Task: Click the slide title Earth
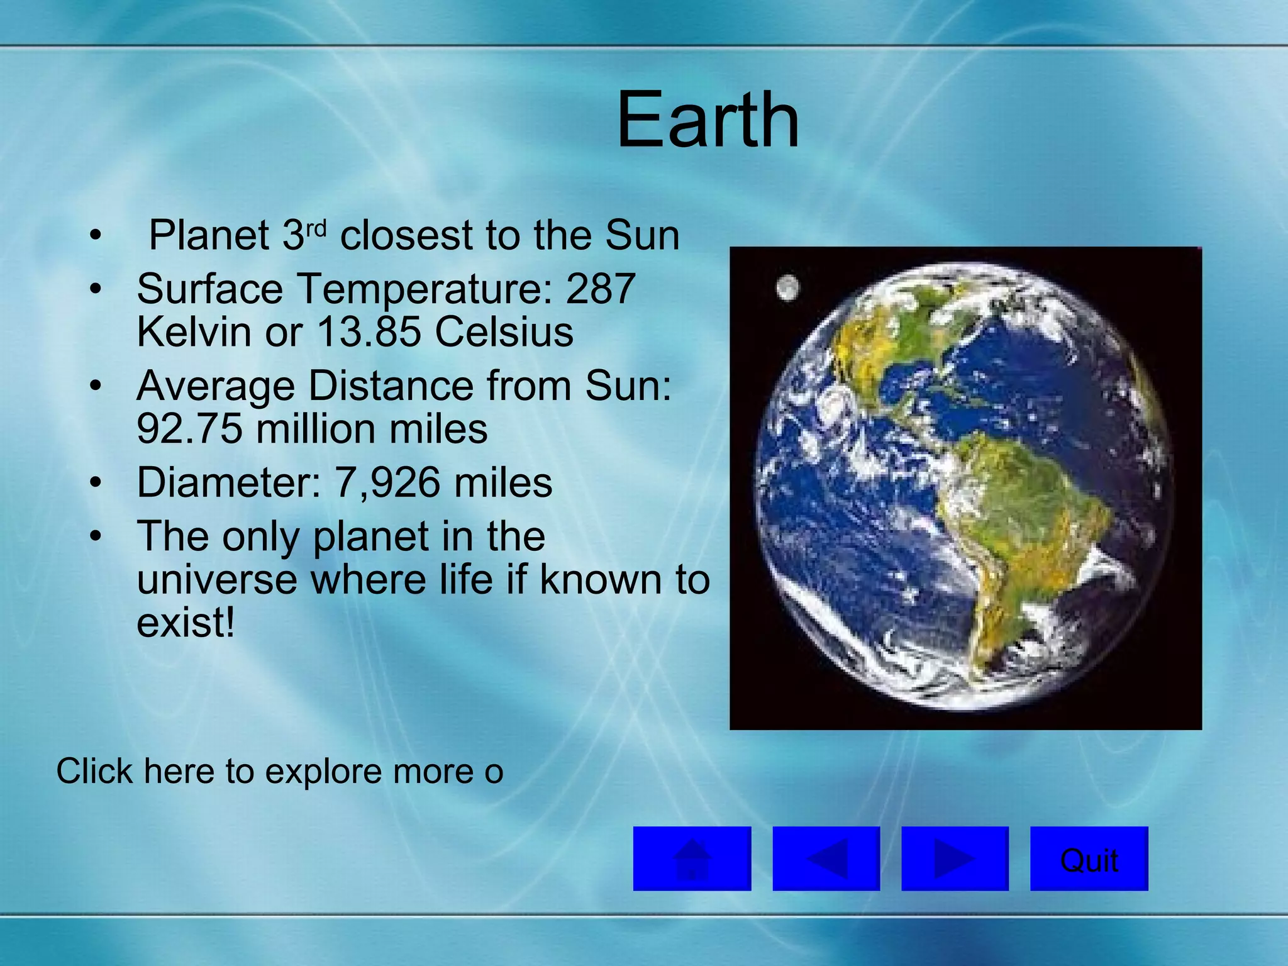pyautogui.click(x=708, y=119)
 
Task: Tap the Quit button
pyautogui.click(x=1089, y=859)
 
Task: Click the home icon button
pyautogui.click(x=692, y=859)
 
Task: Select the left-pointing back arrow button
pyautogui.click(x=826, y=859)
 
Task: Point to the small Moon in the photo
pyautogui.click(x=787, y=289)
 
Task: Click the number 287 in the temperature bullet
pyautogui.click(x=600, y=289)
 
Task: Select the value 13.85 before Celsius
pyautogui.click(x=369, y=332)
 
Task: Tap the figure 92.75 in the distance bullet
pyautogui.click(x=189, y=430)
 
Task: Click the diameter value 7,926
pyautogui.click(x=387, y=483)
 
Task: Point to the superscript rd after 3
pyautogui.click(x=317, y=228)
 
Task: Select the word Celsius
pyautogui.click(x=504, y=332)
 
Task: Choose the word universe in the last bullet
pyautogui.click(x=217, y=580)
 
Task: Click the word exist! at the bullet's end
pyautogui.click(x=186, y=623)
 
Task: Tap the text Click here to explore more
pyautogui.click(x=280, y=771)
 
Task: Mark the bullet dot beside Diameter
pyautogui.click(x=95, y=483)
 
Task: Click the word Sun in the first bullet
pyautogui.click(x=642, y=236)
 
